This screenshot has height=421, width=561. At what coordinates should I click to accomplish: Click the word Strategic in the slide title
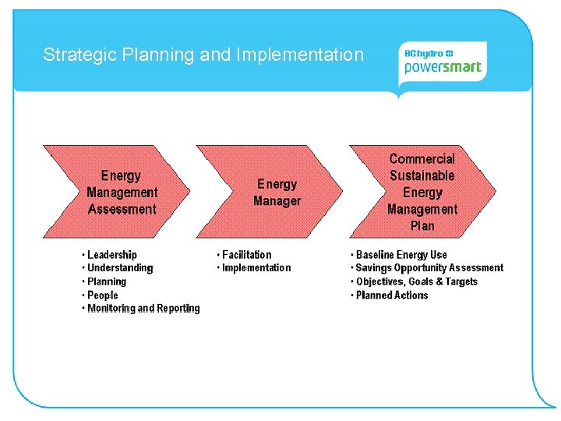(x=75, y=55)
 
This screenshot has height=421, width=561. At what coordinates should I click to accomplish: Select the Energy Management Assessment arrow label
(x=122, y=193)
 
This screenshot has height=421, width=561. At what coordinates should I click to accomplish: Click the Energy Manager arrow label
(x=277, y=193)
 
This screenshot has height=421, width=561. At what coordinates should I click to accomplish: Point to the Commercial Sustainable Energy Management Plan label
(x=422, y=193)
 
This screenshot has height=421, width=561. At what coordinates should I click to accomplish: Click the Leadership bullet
(x=111, y=255)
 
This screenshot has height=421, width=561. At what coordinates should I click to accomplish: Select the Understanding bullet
(x=120, y=268)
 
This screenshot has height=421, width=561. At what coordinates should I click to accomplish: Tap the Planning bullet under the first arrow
(x=107, y=281)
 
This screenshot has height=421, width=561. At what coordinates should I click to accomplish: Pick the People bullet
(x=103, y=295)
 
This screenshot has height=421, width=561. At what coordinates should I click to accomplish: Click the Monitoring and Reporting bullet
(x=143, y=309)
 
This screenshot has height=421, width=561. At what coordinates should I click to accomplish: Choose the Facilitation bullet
(x=246, y=255)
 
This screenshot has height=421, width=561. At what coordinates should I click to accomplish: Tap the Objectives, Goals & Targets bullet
(x=416, y=281)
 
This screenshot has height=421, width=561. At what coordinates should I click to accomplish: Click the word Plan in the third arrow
(x=422, y=226)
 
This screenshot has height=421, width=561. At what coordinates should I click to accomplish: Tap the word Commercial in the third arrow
(x=422, y=159)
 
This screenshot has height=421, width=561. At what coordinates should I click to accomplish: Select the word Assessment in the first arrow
(x=122, y=209)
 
